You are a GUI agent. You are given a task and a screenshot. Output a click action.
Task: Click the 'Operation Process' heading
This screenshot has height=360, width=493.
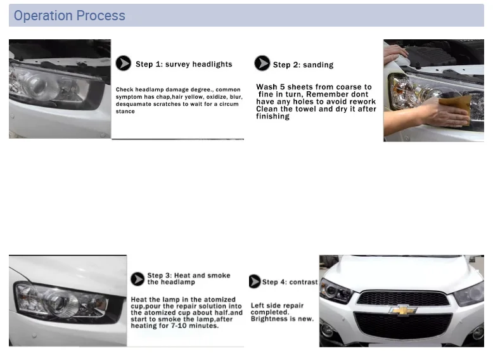point(70,16)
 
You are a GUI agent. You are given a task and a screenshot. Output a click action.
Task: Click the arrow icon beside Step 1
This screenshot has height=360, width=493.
point(123,63)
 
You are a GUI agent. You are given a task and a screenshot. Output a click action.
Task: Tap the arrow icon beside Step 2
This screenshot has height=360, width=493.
point(262,63)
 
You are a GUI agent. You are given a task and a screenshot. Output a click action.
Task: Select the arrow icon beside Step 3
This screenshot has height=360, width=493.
point(138,279)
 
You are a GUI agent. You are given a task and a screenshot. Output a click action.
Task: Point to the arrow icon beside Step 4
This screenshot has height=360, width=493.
point(255,281)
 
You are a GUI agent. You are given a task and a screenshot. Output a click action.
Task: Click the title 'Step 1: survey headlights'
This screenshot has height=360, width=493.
point(184,64)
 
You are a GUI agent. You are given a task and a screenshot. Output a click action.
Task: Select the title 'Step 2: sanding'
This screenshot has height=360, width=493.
point(303,65)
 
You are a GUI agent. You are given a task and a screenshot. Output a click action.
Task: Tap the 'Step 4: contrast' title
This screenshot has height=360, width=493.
point(290,282)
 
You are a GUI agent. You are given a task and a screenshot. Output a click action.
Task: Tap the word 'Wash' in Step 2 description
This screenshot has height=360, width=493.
point(267,87)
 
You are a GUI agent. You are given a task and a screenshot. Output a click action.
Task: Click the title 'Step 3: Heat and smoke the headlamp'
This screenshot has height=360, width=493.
point(188,279)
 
